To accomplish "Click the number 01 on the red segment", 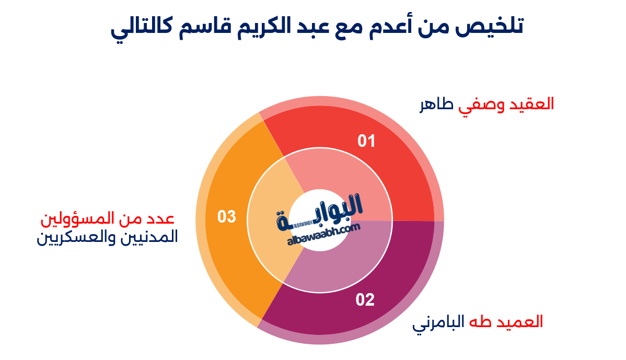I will pos(366,141).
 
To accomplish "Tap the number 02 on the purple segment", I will pos(365,300).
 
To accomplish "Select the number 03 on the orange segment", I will pos(227,216).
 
